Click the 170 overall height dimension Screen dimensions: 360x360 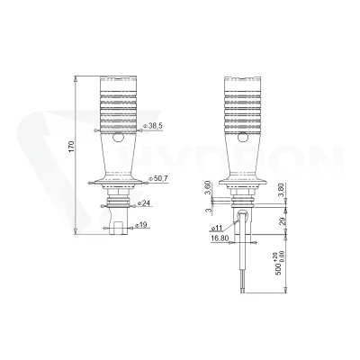pos(71,146)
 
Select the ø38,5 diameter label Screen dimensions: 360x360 pos(153,126)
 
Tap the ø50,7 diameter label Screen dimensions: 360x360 pos(158,178)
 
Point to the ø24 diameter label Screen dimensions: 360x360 pos(144,202)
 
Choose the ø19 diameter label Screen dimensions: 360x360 pos(141,225)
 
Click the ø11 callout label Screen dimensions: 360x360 pos(217,229)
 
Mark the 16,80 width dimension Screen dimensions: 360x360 pos(220,238)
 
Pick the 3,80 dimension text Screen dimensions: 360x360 pos(282,189)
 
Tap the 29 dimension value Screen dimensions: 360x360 pos(282,221)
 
